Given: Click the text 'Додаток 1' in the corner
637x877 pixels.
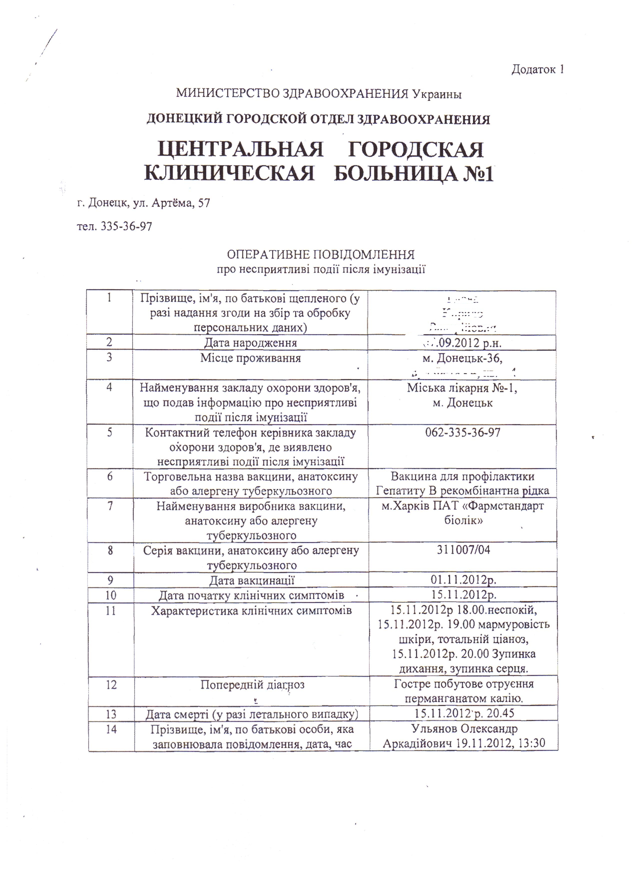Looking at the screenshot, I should (537, 70).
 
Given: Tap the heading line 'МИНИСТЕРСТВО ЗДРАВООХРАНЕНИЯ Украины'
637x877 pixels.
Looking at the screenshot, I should (318, 94).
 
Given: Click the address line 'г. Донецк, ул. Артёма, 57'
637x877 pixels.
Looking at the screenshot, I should (143, 203).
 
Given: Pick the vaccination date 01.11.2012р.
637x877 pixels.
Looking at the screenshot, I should (463, 580).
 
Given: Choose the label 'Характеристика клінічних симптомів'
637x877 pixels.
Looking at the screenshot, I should (251, 611).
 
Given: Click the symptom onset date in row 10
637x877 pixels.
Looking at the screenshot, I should (463, 595).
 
